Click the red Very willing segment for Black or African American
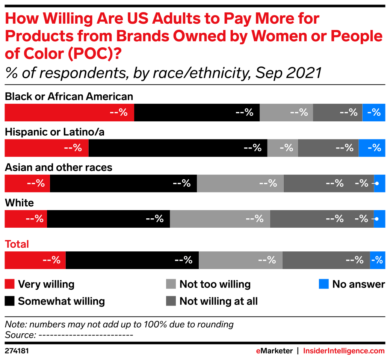[69, 112]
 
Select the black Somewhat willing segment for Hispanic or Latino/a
[178, 148]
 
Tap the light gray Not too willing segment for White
[220, 219]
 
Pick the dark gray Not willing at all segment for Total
[326, 260]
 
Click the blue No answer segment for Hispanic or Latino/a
[372, 148]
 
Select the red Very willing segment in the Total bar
[35, 260]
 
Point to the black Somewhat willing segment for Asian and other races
[123, 183]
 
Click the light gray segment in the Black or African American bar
[286, 112]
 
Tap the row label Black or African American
[69, 97]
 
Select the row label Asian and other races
[59, 167]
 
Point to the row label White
[19, 203]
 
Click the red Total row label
[17, 244]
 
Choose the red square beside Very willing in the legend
[10, 284]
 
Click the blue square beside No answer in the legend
[323, 284]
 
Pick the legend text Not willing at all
[218, 301]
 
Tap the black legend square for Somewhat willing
[10, 301]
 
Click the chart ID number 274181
[17, 351]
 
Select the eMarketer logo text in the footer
[274, 351]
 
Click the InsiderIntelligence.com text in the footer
[344, 351]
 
